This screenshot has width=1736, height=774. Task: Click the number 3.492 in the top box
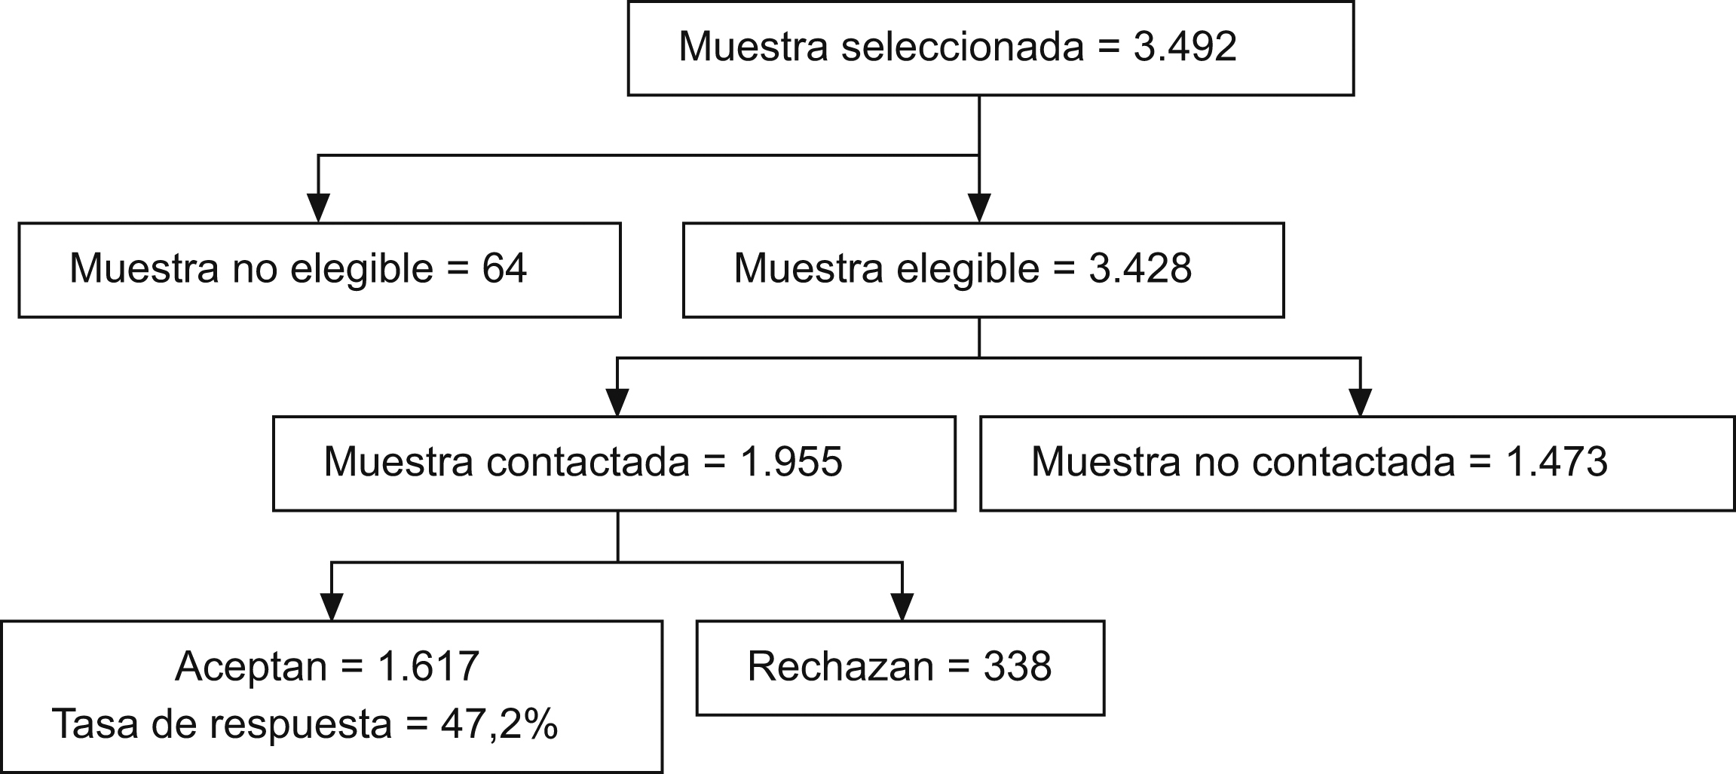[1185, 47]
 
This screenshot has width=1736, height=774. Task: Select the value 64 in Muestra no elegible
[504, 268]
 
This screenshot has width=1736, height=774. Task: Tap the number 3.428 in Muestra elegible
[1140, 268]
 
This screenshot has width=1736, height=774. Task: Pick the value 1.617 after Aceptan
[429, 666]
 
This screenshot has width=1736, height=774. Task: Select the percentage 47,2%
[500, 724]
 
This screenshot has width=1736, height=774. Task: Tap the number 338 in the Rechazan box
[1017, 666]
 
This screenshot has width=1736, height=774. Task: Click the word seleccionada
[962, 47]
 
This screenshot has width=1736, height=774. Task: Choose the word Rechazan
[840, 666]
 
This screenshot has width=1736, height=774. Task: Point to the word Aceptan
[251, 666]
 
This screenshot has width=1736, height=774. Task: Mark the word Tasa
[96, 724]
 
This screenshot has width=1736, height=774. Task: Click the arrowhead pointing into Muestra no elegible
[318, 207]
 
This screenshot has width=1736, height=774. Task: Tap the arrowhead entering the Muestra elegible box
[978, 207]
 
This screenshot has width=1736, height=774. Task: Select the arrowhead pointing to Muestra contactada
[617, 402]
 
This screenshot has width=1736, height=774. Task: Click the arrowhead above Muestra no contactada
[1360, 402]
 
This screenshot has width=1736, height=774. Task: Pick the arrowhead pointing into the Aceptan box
[332, 606]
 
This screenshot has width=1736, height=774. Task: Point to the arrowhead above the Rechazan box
[902, 606]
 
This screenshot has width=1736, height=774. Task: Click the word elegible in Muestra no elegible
[362, 270]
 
